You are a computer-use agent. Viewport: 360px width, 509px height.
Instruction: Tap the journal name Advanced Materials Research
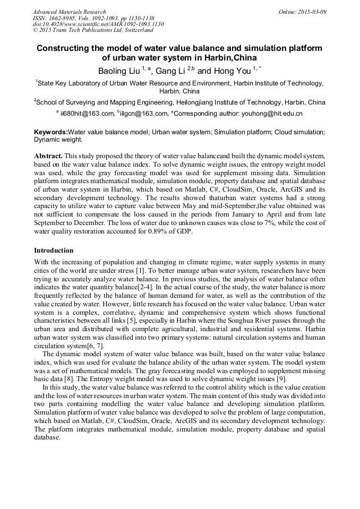[69, 12]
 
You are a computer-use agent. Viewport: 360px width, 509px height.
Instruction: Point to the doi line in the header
[98, 24]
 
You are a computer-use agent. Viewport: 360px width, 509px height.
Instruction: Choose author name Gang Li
[169, 71]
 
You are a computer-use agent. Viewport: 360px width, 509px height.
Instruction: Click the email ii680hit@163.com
[87, 114]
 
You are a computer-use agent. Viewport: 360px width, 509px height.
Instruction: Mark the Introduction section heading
[54, 250]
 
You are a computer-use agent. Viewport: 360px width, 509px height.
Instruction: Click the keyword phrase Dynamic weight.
[58, 140]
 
